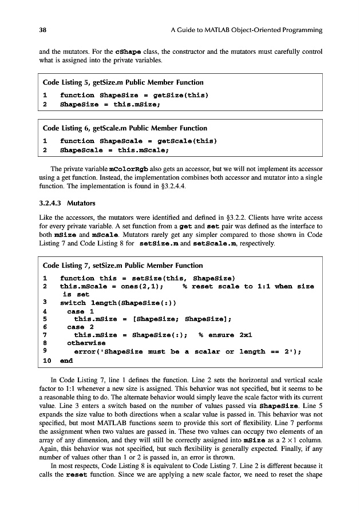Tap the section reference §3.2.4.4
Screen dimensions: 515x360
coord(168,187)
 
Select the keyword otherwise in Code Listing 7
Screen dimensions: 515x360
coord(86,343)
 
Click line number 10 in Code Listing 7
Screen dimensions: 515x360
coord(48,361)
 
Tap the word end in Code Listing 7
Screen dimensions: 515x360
coord(66,361)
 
